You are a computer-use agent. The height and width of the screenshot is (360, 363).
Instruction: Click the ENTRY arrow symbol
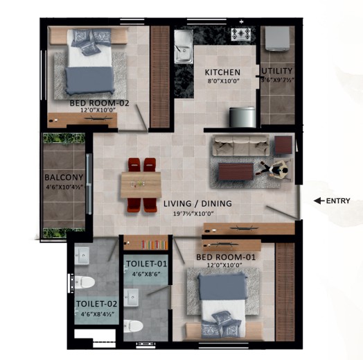point(319,200)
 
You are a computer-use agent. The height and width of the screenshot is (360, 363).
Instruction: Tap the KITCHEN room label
point(222,72)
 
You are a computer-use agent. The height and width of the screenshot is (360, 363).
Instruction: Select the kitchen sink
point(184,46)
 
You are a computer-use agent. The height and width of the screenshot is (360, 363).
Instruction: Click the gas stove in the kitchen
point(241,34)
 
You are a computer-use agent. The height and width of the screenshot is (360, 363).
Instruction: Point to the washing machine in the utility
point(277,38)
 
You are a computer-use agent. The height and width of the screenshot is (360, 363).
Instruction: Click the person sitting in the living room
point(276,170)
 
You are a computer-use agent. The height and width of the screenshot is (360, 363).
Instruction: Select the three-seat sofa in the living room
point(241,146)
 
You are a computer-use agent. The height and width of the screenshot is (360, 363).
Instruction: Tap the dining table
point(141,185)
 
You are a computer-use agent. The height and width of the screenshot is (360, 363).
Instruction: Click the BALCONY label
point(64,178)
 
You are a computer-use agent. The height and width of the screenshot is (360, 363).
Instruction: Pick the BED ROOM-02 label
point(99,103)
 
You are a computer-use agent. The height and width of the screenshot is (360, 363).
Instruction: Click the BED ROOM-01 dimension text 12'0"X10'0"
point(224,265)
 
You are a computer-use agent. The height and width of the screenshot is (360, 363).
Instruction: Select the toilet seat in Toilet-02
point(85,282)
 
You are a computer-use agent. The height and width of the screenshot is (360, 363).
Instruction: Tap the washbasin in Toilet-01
point(131,298)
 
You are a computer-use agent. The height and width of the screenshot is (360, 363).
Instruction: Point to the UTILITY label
point(277,71)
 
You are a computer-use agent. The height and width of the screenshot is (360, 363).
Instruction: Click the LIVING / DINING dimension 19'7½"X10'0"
point(193,214)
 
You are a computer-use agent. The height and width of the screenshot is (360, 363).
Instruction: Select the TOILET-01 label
point(146,264)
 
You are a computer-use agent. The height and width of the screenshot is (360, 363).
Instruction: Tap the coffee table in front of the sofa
point(236,171)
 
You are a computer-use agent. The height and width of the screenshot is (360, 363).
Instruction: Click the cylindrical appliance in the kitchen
point(242,117)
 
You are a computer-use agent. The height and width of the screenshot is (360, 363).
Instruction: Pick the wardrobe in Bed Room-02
point(160,76)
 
